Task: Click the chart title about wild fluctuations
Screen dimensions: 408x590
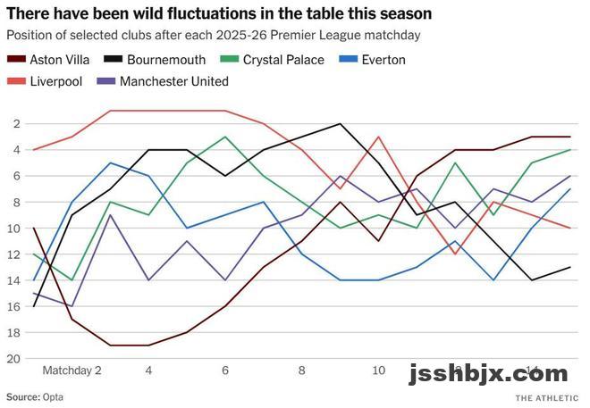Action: pos(219,13)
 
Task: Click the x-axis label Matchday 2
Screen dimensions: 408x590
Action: pos(72,370)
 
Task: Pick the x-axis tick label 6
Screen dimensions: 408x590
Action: pos(225,370)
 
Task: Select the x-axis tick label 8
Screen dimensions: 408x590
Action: pos(302,370)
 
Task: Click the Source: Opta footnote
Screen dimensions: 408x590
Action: pos(35,396)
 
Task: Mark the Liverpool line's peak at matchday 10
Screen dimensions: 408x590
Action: pos(379,137)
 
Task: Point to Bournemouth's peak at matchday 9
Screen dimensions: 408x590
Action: pos(341,124)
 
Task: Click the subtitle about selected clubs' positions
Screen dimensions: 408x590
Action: pos(213,35)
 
